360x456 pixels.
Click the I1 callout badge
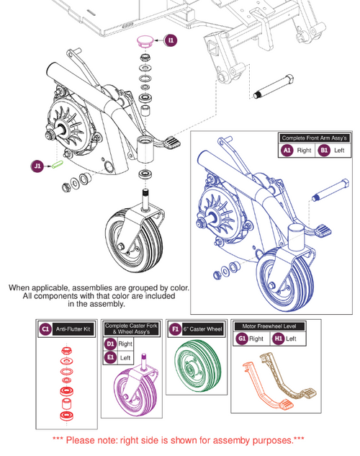tap(170, 41)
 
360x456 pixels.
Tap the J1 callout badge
tap(37, 166)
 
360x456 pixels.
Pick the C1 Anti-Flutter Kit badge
tap(45, 329)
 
